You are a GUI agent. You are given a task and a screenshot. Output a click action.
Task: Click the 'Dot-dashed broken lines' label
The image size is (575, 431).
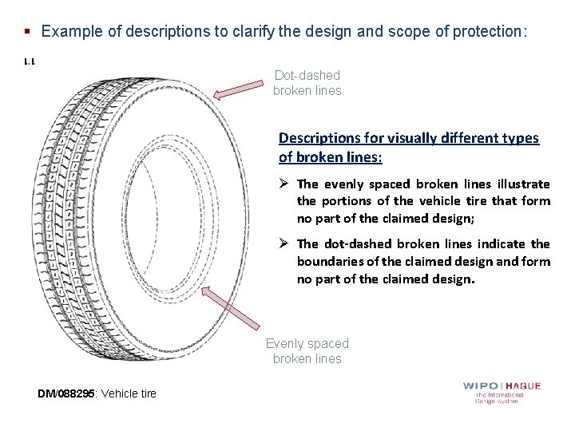pyautogui.click(x=307, y=82)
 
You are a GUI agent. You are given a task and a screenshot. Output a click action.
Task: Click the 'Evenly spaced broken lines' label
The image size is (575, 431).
pyautogui.click(x=307, y=351)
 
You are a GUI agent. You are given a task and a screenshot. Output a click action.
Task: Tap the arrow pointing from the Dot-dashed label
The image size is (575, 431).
pyautogui.click(x=239, y=92)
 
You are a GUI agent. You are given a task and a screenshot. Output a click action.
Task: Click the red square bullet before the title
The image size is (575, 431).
pyautogui.click(x=27, y=32)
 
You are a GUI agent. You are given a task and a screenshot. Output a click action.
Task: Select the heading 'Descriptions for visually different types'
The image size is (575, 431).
pyautogui.click(x=408, y=138)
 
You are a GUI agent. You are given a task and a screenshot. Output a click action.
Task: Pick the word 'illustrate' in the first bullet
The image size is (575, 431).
pyautogui.click(x=524, y=184)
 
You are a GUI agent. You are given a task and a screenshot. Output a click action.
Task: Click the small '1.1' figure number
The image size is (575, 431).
pyautogui.click(x=29, y=61)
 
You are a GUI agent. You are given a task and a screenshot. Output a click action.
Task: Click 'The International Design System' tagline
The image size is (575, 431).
pyautogui.click(x=501, y=397)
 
